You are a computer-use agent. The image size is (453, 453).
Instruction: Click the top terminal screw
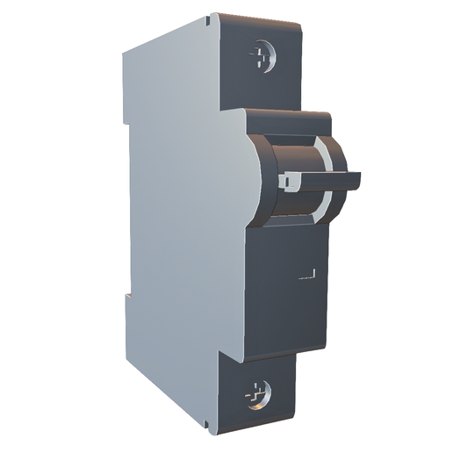pos(262,58)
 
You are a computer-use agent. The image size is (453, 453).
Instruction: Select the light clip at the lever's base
pos(287,181)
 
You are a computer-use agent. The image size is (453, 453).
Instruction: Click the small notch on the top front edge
pos(210,17)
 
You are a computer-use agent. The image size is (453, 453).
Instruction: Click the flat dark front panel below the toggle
pos(281,290)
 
